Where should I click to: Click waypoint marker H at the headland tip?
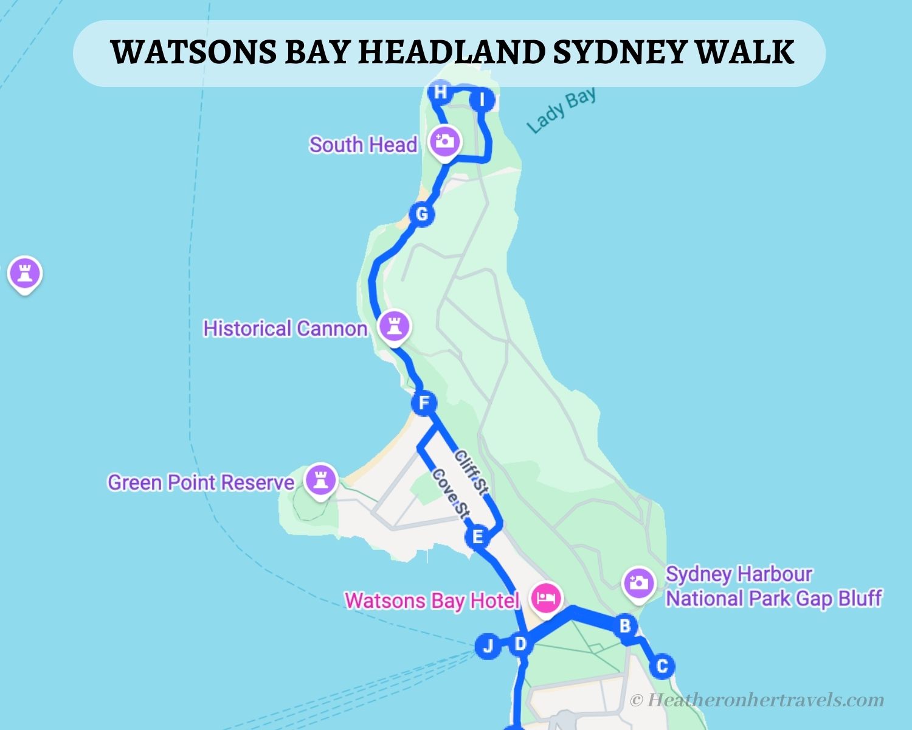[440, 92]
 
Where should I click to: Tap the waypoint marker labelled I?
[482, 100]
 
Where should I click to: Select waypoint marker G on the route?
[421, 214]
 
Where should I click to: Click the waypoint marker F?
[424, 403]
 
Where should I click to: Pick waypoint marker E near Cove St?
[477, 537]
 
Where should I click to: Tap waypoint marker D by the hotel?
[520, 644]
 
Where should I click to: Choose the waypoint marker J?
[488, 645]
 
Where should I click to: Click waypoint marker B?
[624, 625]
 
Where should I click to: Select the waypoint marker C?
[662, 666]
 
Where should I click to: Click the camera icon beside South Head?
[444, 141]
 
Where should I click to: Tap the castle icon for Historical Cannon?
[393, 325]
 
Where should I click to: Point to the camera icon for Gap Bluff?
[638, 583]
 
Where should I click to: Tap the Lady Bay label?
[561, 110]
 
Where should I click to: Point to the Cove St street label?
[451, 494]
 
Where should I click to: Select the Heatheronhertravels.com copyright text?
[757, 700]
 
